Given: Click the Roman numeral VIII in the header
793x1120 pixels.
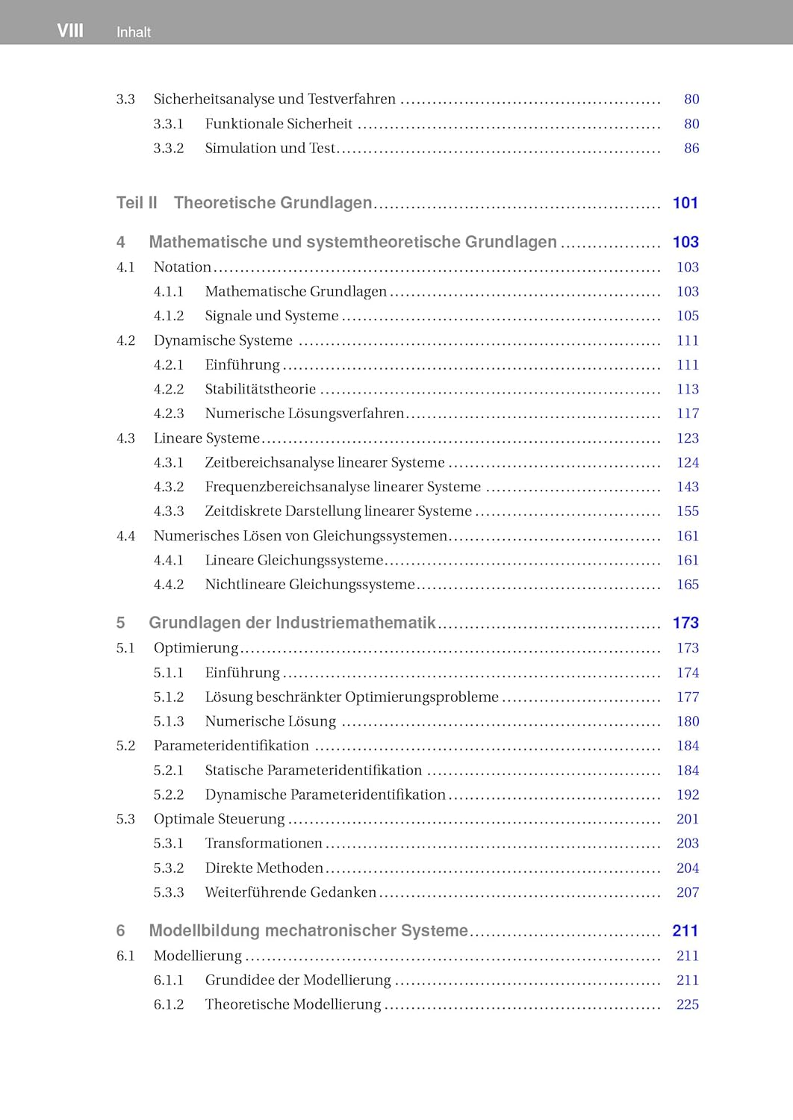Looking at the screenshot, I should (70, 31).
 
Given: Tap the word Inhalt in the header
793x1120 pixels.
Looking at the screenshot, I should (134, 32).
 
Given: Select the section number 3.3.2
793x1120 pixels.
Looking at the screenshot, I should (169, 149).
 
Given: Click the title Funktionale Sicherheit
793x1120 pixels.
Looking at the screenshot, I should (279, 124).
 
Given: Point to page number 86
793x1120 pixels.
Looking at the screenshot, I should (691, 149).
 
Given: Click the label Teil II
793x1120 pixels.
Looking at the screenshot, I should (137, 203).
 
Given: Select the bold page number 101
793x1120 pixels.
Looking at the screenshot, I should (685, 203).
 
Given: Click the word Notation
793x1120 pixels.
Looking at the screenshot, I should (182, 267).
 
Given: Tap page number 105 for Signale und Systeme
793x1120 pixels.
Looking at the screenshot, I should (687, 316).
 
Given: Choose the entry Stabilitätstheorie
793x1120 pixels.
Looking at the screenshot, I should (260, 389).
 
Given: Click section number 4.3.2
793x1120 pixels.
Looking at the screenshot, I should (169, 487).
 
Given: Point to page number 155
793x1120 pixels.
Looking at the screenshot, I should (687, 511).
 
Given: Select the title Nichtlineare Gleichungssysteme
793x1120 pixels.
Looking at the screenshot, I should (309, 585).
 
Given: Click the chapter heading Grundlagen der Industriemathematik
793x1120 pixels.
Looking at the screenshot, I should (292, 623).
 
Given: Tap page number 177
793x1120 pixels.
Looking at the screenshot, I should (687, 697).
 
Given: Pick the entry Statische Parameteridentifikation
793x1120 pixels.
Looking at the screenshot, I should (313, 771).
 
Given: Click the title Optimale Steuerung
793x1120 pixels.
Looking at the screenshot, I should (219, 819).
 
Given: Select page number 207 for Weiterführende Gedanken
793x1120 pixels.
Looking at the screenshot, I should (687, 892).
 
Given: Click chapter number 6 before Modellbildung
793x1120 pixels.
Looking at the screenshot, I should (121, 931).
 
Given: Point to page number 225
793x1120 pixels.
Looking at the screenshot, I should (687, 1004).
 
